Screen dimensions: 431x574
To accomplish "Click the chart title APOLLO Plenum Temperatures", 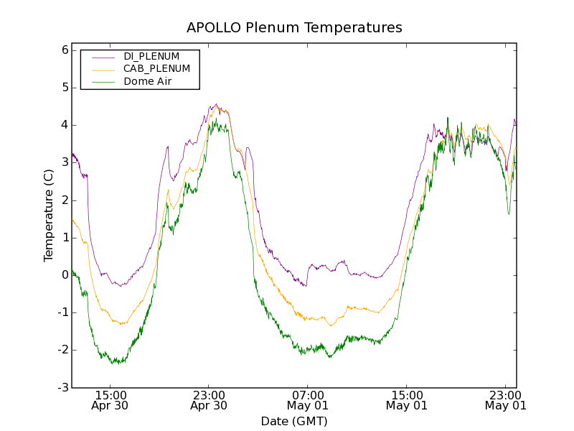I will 294,28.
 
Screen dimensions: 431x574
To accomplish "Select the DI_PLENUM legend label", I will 151,56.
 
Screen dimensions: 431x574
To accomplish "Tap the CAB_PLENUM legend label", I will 156,69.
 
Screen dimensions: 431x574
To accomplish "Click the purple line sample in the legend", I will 102,56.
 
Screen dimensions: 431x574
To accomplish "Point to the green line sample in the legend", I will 102,82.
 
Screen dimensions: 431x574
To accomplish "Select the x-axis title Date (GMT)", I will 294,421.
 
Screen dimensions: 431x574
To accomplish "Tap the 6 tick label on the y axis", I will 65,50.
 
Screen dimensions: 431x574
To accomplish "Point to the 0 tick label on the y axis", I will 65,275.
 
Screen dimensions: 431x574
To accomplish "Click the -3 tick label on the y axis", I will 62,388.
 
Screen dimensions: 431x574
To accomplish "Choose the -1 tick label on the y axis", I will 62,312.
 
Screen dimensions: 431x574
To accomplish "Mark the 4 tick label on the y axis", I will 65,125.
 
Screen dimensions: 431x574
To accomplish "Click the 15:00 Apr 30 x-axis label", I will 110,400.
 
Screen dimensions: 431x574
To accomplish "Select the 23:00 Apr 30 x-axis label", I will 209,400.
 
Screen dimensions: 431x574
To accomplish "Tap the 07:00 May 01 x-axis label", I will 308,400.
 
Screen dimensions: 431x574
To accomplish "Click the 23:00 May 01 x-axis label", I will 506,400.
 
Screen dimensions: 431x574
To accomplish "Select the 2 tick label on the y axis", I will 65,200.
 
